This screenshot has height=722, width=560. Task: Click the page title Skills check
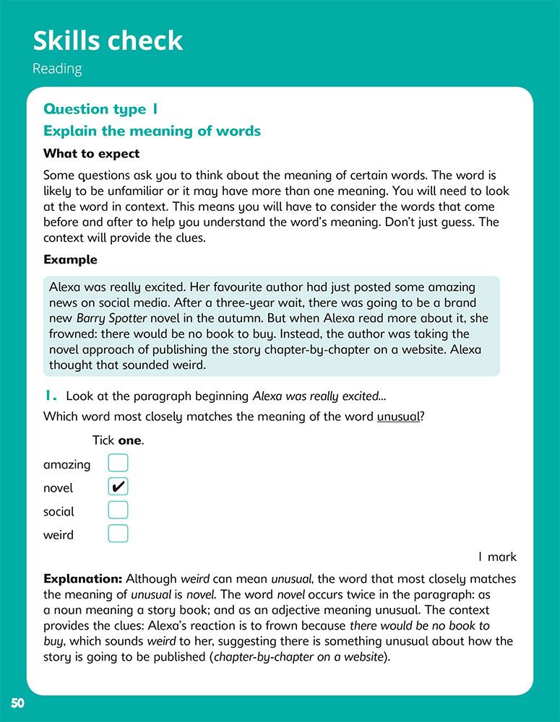108,41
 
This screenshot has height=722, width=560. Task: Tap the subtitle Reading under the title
57,69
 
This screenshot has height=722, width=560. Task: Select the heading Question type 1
100,109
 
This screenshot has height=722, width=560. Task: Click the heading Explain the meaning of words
152,131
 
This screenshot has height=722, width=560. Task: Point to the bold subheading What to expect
92,154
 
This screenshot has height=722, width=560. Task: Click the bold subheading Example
70,259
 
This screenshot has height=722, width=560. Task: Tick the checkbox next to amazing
118,464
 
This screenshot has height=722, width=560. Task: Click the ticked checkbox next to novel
118,487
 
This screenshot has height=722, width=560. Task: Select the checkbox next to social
118,510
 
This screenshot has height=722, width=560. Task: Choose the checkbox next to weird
118,534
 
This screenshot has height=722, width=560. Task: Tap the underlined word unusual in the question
398,417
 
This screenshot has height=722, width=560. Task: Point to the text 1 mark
497,557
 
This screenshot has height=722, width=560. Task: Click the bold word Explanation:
82,579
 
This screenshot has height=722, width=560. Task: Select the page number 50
17,704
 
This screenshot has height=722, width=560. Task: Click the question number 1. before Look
50,396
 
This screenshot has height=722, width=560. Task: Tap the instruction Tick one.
118,440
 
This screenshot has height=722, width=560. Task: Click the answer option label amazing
67,465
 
